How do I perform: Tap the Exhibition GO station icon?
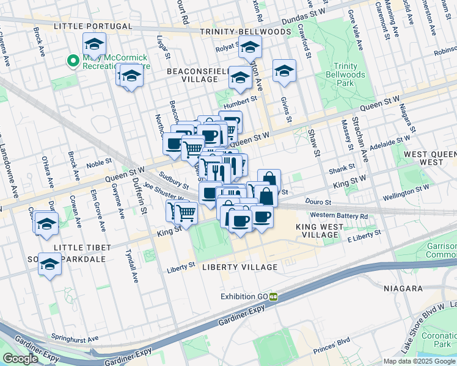click(x=274, y=297)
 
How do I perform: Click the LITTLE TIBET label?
click(x=82, y=247)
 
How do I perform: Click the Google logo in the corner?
click(x=20, y=359)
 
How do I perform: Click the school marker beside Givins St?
click(x=284, y=72)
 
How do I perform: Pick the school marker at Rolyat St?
click(x=250, y=47)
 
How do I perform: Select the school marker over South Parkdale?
click(x=49, y=265)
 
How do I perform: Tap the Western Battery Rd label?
click(x=339, y=215)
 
